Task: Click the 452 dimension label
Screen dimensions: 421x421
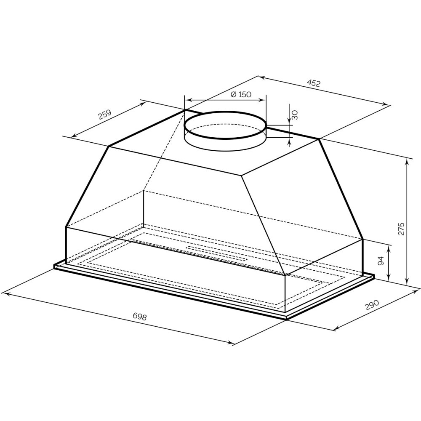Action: pyautogui.click(x=314, y=83)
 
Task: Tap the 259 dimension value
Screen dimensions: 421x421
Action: pyautogui.click(x=105, y=115)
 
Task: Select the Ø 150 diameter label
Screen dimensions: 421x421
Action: pyautogui.click(x=241, y=94)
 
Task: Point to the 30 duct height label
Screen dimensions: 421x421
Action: pyautogui.click(x=295, y=115)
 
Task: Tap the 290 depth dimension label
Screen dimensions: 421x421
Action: pyautogui.click(x=372, y=305)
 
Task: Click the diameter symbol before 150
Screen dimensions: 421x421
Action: pyautogui.click(x=233, y=94)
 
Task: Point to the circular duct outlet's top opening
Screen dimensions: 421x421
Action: pyautogui.click(x=225, y=125)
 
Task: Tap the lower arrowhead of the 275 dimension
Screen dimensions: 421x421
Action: pyautogui.click(x=407, y=282)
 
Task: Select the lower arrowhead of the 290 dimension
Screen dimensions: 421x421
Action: pyautogui.click(x=337, y=328)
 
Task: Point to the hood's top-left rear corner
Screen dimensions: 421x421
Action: pyautogui.click(x=185, y=110)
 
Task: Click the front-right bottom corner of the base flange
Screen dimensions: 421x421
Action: pyautogui.click(x=287, y=319)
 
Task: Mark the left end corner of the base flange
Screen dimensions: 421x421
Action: pyautogui.click(x=55, y=266)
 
